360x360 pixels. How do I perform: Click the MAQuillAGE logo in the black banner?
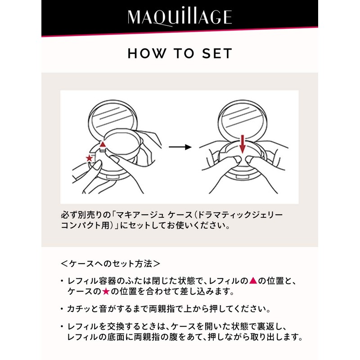pos(180,17)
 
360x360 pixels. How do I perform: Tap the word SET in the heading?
pos(217,54)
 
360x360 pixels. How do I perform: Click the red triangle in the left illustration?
pos(103,144)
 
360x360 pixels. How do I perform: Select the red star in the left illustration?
pos(90,158)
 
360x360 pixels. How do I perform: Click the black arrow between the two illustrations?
pos(180,147)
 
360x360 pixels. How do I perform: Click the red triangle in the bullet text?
pos(253,281)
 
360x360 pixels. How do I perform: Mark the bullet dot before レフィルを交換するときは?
pos(62,326)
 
